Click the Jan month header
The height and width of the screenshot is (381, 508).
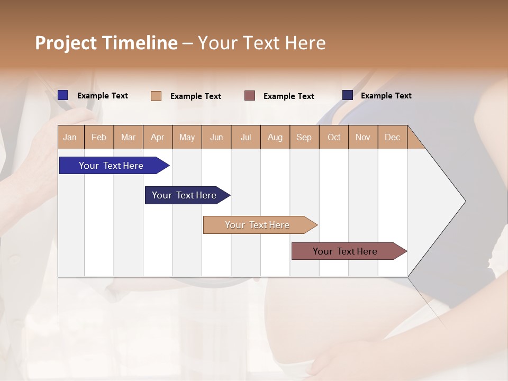(x=70, y=137)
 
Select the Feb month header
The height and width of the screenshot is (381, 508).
(x=99, y=137)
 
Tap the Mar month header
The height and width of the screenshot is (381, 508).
(x=128, y=137)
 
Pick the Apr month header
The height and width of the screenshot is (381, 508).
(x=158, y=137)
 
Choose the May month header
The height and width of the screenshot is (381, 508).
(x=187, y=137)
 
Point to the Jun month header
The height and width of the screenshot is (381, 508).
(x=216, y=137)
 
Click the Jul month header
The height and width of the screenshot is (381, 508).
(x=246, y=137)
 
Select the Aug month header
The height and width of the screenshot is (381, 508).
(x=275, y=137)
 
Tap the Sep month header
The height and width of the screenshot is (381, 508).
(x=304, y=137)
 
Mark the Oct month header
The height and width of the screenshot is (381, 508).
(x=334, y=137)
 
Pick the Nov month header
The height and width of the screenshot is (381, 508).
(x=363, y=137)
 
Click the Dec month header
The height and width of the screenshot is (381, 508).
(x=393, y=137)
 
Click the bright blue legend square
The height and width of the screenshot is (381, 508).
(x=63, y=95)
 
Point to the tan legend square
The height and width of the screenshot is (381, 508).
(x=156, y=96)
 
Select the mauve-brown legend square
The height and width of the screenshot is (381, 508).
(x=250, y=96)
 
